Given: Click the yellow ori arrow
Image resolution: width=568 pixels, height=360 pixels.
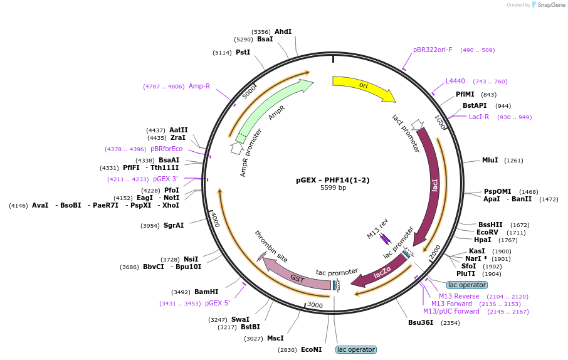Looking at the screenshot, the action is click(364, 87).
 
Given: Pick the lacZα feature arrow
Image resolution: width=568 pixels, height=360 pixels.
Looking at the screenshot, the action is click(381, 273).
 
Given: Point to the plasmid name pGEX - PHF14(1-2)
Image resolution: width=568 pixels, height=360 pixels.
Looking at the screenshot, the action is click(332, 180).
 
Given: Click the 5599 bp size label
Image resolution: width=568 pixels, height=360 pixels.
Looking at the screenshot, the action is click(333, 188).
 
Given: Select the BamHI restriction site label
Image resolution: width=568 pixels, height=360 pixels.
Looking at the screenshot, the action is click(206, 292).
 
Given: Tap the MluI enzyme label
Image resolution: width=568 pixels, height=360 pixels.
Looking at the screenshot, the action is click(490, 160).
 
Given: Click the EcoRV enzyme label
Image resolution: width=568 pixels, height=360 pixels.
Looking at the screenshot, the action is click(487, 233).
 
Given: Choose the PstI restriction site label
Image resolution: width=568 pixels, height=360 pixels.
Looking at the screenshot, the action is click(243, 52).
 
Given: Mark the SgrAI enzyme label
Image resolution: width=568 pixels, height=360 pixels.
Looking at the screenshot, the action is click(174, 226).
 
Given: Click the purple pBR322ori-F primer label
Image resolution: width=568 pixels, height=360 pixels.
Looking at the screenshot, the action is click(433, 50).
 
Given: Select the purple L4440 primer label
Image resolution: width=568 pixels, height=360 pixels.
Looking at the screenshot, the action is click(455, 81).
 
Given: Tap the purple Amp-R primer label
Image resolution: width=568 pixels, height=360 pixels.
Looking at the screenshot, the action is click(199, 87).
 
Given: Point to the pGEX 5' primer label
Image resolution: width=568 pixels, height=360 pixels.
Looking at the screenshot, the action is click(218, 303).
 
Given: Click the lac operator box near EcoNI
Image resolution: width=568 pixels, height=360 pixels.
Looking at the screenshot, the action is click(356, 349).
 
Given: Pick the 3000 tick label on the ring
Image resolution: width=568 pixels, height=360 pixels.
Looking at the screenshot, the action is click(315, 305).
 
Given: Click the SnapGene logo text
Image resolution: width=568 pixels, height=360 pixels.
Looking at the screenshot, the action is click(551, 5).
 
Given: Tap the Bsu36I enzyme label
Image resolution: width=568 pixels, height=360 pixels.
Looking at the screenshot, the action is click(421, 322).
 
